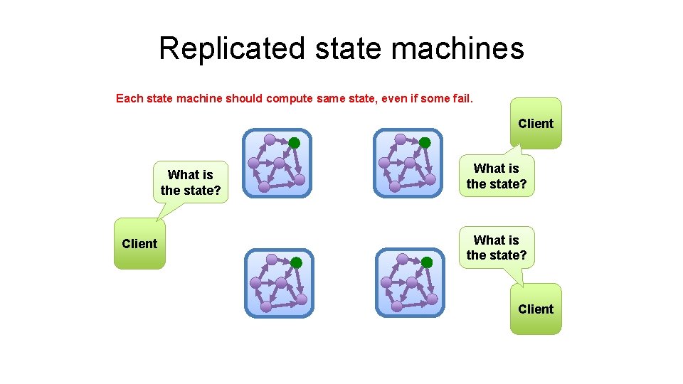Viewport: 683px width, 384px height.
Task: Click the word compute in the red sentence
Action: (x=289, y=99)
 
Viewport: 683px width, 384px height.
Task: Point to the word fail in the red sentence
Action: (x=460, y=99)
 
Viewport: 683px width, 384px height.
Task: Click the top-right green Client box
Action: (x=536, y=123)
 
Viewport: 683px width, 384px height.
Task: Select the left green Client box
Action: (x=139, y=244)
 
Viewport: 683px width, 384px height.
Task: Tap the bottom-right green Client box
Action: (x=536, y=309)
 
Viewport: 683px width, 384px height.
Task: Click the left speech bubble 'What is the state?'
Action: (x=191, y=183)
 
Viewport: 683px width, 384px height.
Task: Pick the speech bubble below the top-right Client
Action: (x=497, y=176)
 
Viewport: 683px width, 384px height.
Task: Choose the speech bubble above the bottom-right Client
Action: (x=497, y=247)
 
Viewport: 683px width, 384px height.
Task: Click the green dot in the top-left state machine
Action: (x=294, y=143)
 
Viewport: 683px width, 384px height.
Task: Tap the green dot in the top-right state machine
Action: (x=425, y=143)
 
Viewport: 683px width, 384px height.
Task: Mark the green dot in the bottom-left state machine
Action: (x=297, y=263)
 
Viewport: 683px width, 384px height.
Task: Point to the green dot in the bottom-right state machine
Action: (x=427, y=262)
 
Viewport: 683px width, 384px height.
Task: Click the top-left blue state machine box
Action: (x=277, y=163)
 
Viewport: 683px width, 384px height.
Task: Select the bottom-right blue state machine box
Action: (x=410, y=282)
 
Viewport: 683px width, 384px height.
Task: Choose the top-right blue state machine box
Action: (x=408, y=163)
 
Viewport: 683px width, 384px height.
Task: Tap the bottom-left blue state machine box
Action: (x=279, y=283)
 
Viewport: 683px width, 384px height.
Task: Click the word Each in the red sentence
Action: (x=129, y=99)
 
